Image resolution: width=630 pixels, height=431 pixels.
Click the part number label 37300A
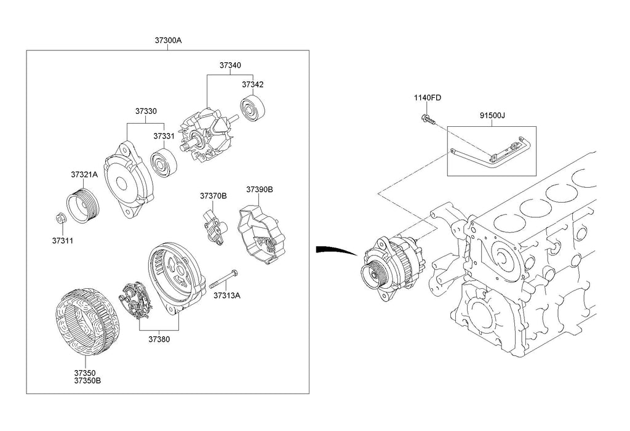tap(169, 41)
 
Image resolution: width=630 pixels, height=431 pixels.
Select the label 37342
tap(252, 84)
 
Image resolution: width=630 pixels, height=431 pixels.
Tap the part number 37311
tap(63, 240)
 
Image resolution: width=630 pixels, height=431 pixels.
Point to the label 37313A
tap(226, 295)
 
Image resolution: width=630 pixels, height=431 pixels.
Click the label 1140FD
tap(428, 98)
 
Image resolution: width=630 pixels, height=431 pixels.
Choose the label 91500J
tap(492, 115)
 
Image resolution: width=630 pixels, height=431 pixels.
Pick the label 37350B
tap(87, 380)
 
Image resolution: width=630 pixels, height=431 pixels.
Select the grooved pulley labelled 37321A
tap(81, 204)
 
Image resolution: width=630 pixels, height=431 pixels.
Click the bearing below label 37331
tap(164, 161)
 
